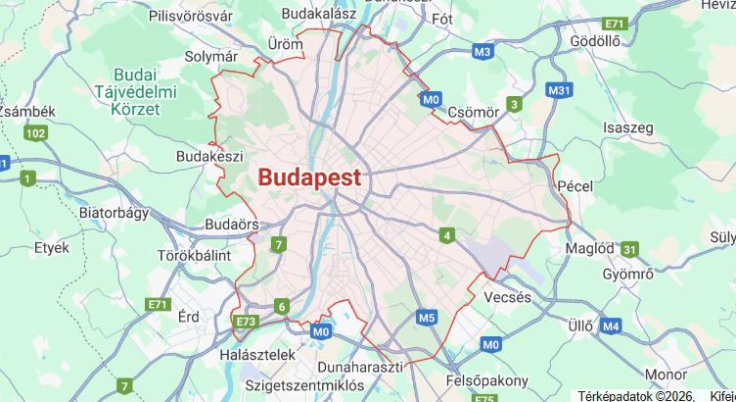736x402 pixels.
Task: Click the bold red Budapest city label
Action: tap(309, 177)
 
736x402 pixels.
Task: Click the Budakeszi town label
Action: tap(208, 156)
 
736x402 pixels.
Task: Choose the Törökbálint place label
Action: tap(194, 255)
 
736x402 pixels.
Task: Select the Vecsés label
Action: tap(507, 297)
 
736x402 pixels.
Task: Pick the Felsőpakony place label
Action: tap(486, 378)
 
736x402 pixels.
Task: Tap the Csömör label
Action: tap(473, 113)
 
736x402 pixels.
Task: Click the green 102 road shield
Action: tap(36, 133)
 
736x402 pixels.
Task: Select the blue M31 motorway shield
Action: tap(559, 91)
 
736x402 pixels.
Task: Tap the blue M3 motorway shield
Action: tap(482, 51)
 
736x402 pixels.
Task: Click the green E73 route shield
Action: tap(245, 321)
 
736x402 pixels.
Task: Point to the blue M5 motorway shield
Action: tap(426, 318)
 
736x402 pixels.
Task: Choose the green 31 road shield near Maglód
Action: tap(629, 250)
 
